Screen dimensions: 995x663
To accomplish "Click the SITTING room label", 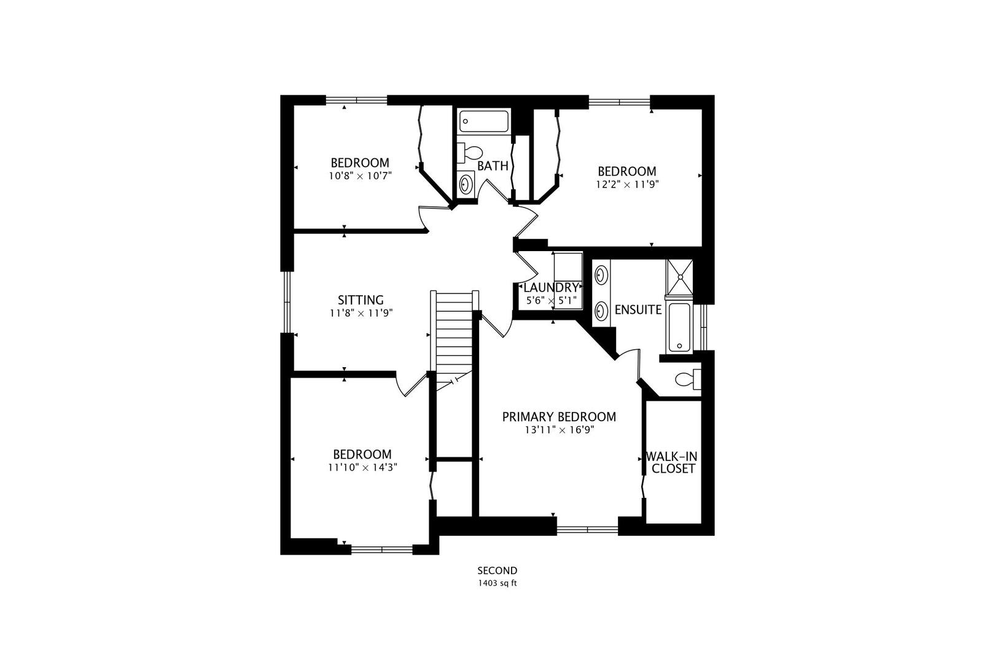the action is (x=361, y=300).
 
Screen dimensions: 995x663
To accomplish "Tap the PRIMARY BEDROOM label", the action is (x=560, y=417).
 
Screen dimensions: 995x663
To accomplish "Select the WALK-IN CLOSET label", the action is (x=672, y=463).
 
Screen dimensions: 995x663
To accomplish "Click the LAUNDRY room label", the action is (x=552, y=287).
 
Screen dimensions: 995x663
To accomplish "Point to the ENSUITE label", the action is (x=638, y=309).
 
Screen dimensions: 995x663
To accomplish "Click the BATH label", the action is (x=493, y=166).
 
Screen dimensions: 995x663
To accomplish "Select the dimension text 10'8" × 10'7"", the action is (x=361, y=176).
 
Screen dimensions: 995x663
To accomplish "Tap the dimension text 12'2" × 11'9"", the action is (x=627, y=184).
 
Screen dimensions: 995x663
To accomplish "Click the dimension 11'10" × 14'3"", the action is (x=362, y=467).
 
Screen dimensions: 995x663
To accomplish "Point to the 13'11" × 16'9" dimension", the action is (x=560, y=430).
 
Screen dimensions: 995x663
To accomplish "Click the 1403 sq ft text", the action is (x=497, y=583).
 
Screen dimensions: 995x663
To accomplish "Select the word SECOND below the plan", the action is (x=497, y=571).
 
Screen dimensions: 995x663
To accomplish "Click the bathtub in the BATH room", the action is (x=484, y=121).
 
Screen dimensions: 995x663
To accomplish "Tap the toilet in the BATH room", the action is (x=470, y=153).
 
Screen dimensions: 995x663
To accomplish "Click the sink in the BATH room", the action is (x=466, y=184).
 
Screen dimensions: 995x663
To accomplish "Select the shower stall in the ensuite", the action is (x=679, y=277).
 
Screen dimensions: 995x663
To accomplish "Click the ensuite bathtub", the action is (x=679, y=328).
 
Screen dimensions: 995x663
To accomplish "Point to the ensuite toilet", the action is (x=688, y=379).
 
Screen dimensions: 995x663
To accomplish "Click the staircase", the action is (x=455, y=341).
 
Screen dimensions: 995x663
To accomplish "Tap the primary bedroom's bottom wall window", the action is (x=587, y=529).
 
